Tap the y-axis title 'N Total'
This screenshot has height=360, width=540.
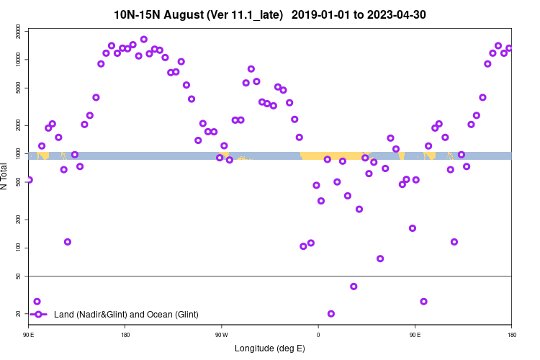pos(5,174)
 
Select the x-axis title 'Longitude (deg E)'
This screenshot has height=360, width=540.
pos(270,348)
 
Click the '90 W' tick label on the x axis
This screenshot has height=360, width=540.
pos(221,335)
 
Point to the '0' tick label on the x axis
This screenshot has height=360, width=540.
pos(318,335)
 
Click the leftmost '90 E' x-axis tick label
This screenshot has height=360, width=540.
pos(28,335)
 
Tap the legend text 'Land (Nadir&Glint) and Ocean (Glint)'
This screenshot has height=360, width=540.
pos(126,314)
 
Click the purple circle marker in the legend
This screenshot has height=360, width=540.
pos(37,314)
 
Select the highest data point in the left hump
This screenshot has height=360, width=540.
pos(144,40)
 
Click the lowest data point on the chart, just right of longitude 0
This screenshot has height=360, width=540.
pos(331,313)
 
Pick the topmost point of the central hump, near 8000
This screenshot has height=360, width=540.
pos(251,69)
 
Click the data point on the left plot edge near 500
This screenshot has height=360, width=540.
pos(29,180)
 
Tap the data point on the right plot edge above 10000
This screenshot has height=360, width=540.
pos(509,48)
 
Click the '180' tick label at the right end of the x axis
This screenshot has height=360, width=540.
pos(511,335)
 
